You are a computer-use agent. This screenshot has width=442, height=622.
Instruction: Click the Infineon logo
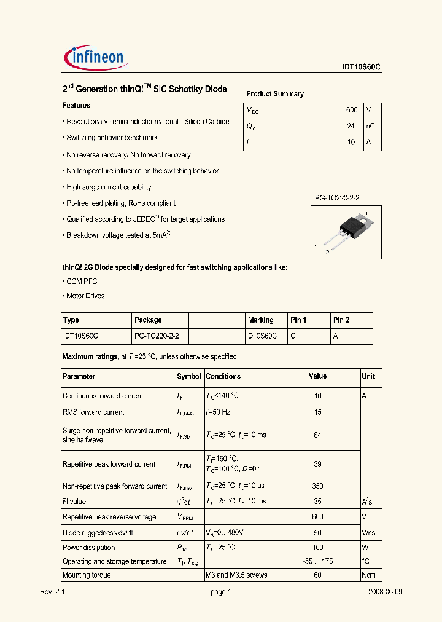[95, 57]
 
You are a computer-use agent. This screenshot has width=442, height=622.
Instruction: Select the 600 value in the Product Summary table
[352, 110]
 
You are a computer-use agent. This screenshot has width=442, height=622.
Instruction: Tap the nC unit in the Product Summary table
[371, 126]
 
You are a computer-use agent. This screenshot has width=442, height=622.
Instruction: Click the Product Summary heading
[275, 94]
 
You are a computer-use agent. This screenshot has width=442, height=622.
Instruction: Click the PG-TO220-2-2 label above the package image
[337, 197]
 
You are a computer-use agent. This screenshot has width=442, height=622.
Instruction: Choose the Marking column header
[261, 320]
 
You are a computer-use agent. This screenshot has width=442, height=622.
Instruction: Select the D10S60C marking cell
[262, 336]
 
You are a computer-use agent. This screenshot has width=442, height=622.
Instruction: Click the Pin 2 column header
[341, 320]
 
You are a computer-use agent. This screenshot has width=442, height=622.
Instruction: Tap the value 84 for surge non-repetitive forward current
[317, 435]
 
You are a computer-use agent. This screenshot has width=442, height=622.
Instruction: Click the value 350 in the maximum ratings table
[317, 486]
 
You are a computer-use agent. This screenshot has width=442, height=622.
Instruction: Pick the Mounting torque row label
[87, 575]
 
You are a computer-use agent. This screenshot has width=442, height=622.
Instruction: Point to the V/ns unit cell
[370, 532]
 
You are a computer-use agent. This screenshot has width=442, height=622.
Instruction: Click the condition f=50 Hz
[219, 412]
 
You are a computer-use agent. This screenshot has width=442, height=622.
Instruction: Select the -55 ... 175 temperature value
[317, 561]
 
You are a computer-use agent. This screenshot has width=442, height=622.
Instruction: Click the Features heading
[76, 106]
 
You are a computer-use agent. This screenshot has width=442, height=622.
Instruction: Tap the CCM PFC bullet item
[81, 281]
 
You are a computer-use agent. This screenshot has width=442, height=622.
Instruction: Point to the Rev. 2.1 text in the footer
[52, 592]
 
